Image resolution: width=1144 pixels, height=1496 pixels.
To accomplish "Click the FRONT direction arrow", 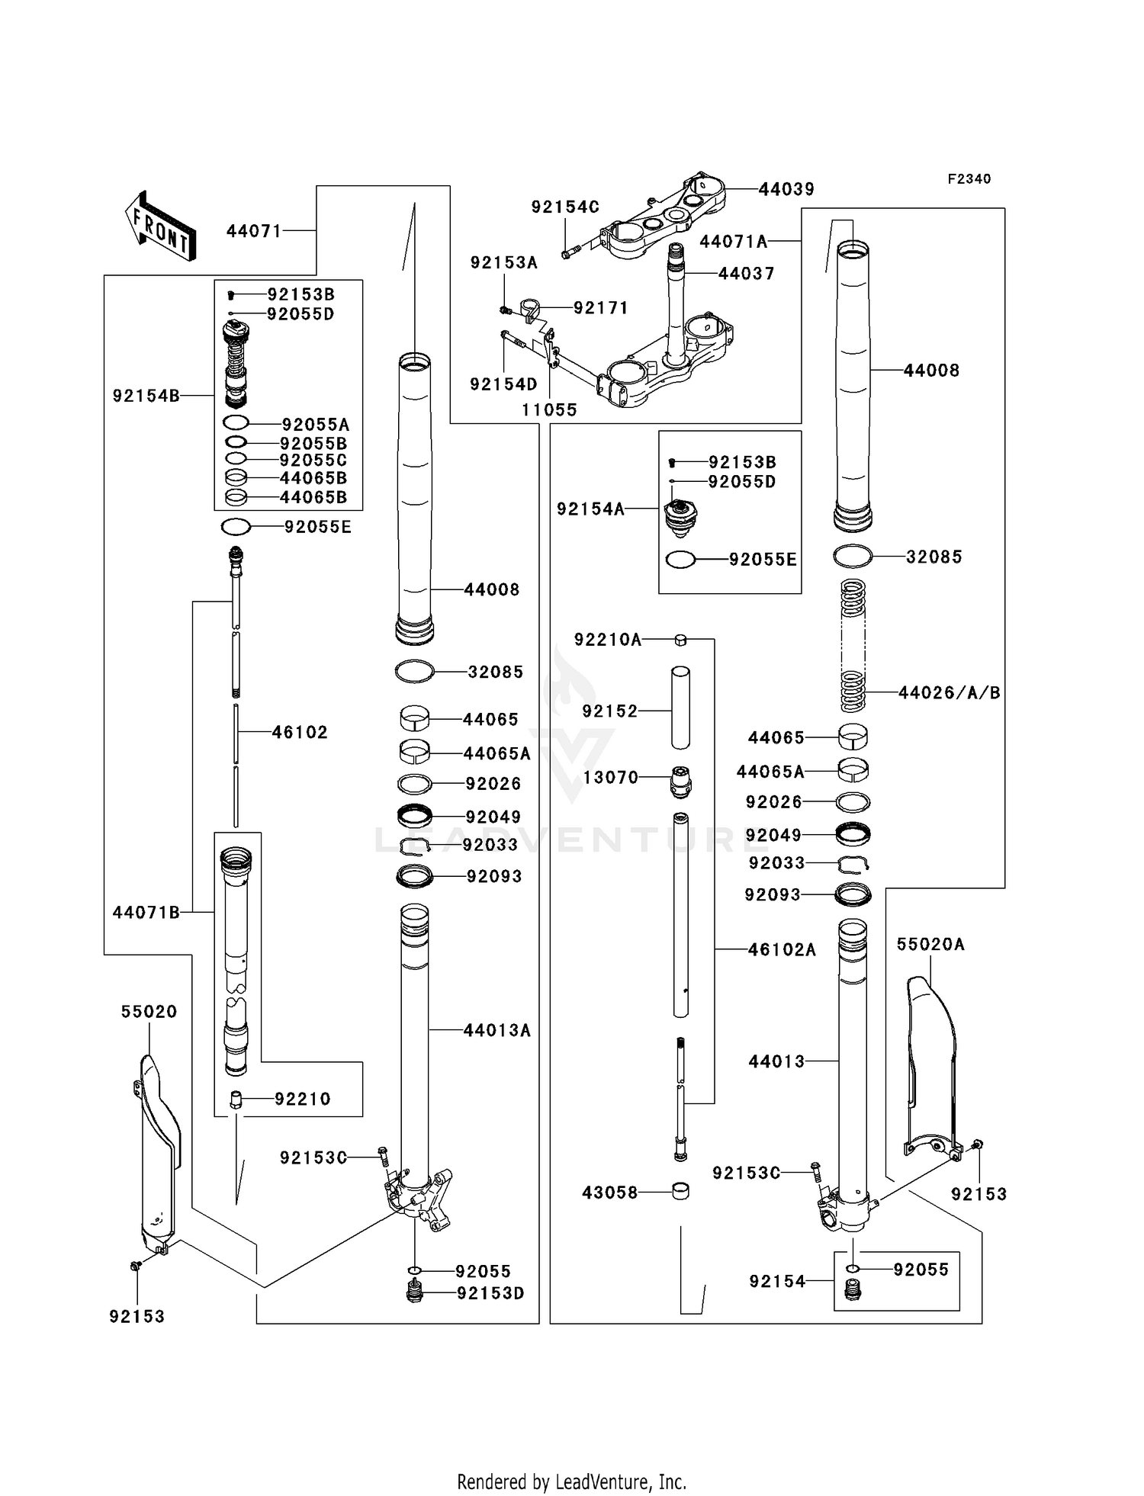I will [160, 228].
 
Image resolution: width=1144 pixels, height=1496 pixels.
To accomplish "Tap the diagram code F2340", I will [969, 179].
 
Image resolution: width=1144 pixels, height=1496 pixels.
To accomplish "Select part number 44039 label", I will [786, 189].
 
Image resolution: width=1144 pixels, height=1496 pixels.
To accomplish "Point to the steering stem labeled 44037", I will [676, 305].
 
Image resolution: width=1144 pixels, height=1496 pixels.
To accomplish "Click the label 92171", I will [601, 308].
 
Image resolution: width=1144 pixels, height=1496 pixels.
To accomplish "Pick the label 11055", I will [549, 410].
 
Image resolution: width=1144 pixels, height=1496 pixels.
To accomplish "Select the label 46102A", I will [782, 950].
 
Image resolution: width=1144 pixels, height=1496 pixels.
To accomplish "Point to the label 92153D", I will [490, 1294].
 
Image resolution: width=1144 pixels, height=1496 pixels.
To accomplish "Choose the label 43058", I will [609, 1193].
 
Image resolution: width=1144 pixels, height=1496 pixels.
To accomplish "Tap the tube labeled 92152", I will [680, 708].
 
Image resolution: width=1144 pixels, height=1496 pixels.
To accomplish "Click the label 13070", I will [610, 778].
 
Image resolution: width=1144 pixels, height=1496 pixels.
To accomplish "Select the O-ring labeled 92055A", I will [236, 424].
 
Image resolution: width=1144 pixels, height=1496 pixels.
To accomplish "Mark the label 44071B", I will [146, 913].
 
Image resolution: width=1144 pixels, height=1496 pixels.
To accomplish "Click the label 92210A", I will [608, 640].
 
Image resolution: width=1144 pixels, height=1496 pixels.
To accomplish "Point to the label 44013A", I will [496, 1031].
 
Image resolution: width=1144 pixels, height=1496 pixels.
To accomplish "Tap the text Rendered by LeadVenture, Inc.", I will [571, 1482].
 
